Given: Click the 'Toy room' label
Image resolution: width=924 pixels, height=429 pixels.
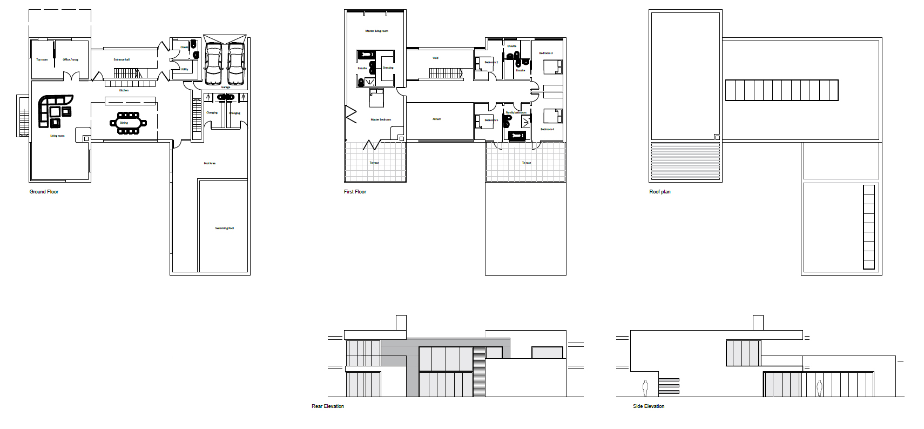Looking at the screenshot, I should coord(42,59).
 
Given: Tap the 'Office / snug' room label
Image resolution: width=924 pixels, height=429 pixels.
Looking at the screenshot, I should coord(70,59).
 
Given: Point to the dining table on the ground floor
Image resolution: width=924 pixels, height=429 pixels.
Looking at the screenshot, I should coord(125,123).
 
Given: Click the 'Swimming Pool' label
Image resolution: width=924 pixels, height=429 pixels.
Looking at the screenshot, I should coord(224,228).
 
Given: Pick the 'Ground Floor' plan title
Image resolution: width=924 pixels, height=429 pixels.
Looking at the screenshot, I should coord(44,192).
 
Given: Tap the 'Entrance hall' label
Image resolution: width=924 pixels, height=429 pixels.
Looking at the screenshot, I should coord(122,59).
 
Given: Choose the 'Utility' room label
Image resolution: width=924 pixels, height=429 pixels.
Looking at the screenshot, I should coord(185,69).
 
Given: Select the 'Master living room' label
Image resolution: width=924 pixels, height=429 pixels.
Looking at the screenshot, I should coord(376,31).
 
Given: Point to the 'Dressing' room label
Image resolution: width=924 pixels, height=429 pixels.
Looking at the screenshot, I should coord(388,68).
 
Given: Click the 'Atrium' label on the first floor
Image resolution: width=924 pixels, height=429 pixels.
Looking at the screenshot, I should coord(436,119).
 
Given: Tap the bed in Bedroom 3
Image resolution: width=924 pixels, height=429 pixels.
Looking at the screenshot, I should coord(551,67).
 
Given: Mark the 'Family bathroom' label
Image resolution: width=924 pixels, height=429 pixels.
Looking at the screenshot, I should coord(516,112).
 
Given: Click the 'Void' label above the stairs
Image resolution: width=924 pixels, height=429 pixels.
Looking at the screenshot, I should coord(435,58).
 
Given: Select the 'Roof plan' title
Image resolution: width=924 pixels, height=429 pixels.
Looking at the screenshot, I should coord(659,192).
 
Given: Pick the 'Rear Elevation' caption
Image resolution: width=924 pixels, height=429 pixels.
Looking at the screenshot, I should coord(327,406).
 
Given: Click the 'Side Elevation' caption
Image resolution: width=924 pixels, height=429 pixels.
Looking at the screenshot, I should coord(648,406).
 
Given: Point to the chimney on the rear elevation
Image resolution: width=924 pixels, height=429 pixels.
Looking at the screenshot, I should coord(401,323).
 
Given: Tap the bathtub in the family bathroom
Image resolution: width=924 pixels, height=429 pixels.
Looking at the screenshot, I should coord(517,136).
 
